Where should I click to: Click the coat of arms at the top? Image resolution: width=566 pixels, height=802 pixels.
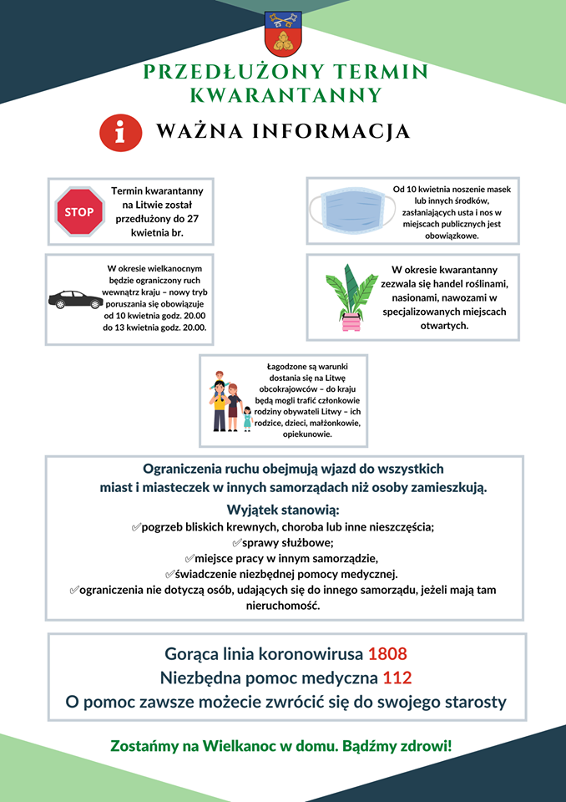(282, 33)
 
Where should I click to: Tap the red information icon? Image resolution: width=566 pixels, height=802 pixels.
(120, 132)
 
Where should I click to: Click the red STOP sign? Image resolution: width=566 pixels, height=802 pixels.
(79, 211)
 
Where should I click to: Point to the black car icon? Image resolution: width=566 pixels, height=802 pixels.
(75, 299)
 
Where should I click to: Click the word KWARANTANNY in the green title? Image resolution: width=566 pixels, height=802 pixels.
(286, 94)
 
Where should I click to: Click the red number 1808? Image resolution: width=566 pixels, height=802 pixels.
(387, 653)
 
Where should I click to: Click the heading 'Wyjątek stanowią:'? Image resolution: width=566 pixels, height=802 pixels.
(283, 510)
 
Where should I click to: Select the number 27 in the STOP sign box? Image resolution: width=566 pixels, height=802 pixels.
(195, 217)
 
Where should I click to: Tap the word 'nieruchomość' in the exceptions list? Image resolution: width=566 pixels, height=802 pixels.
(282, 606)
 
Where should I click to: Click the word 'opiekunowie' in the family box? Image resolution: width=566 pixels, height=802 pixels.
(307, 434)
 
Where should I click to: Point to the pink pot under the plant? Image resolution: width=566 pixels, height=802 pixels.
(349, 321)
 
